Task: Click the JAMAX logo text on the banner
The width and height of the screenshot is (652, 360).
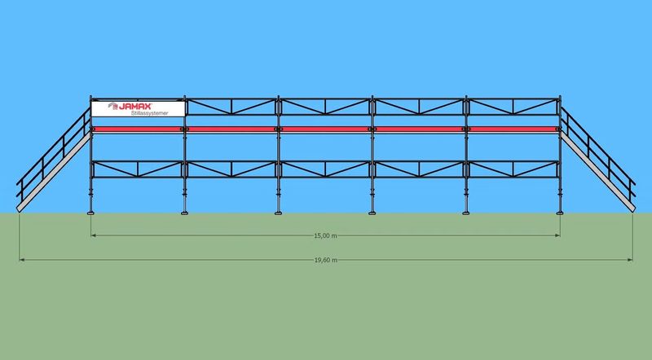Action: point(135,107)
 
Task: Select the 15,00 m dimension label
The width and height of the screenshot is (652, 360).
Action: point(325,235)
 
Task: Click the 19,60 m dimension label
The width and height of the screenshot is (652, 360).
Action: point(325,261)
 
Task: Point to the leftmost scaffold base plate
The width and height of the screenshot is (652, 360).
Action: point(91,213)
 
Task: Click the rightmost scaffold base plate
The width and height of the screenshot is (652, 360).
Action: point(560,213)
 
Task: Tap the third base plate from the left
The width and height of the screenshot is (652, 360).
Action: point(279,213)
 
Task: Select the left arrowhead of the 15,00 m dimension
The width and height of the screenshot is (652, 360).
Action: point(94,235)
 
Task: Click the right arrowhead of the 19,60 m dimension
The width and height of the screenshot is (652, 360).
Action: point(630,260)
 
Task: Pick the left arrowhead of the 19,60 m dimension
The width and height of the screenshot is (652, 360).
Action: point(22,260)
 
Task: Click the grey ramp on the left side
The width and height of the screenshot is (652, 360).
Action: point(54,172)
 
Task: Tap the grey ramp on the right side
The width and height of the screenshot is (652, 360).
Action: point(597,172)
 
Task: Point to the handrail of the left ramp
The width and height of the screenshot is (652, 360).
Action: point(53,151)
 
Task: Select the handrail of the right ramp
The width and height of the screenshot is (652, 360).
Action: point(597,151)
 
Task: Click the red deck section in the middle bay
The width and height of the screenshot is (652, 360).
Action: point(325,130)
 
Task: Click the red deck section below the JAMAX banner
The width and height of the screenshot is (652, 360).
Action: point(138,130)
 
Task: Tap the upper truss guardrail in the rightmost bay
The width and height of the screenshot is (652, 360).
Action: point(513,107)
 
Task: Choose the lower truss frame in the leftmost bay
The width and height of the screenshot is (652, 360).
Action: point(138,169)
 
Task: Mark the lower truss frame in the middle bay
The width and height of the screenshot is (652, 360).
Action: point(325,169)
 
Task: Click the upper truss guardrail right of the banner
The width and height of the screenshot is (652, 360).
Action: point(231,107)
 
